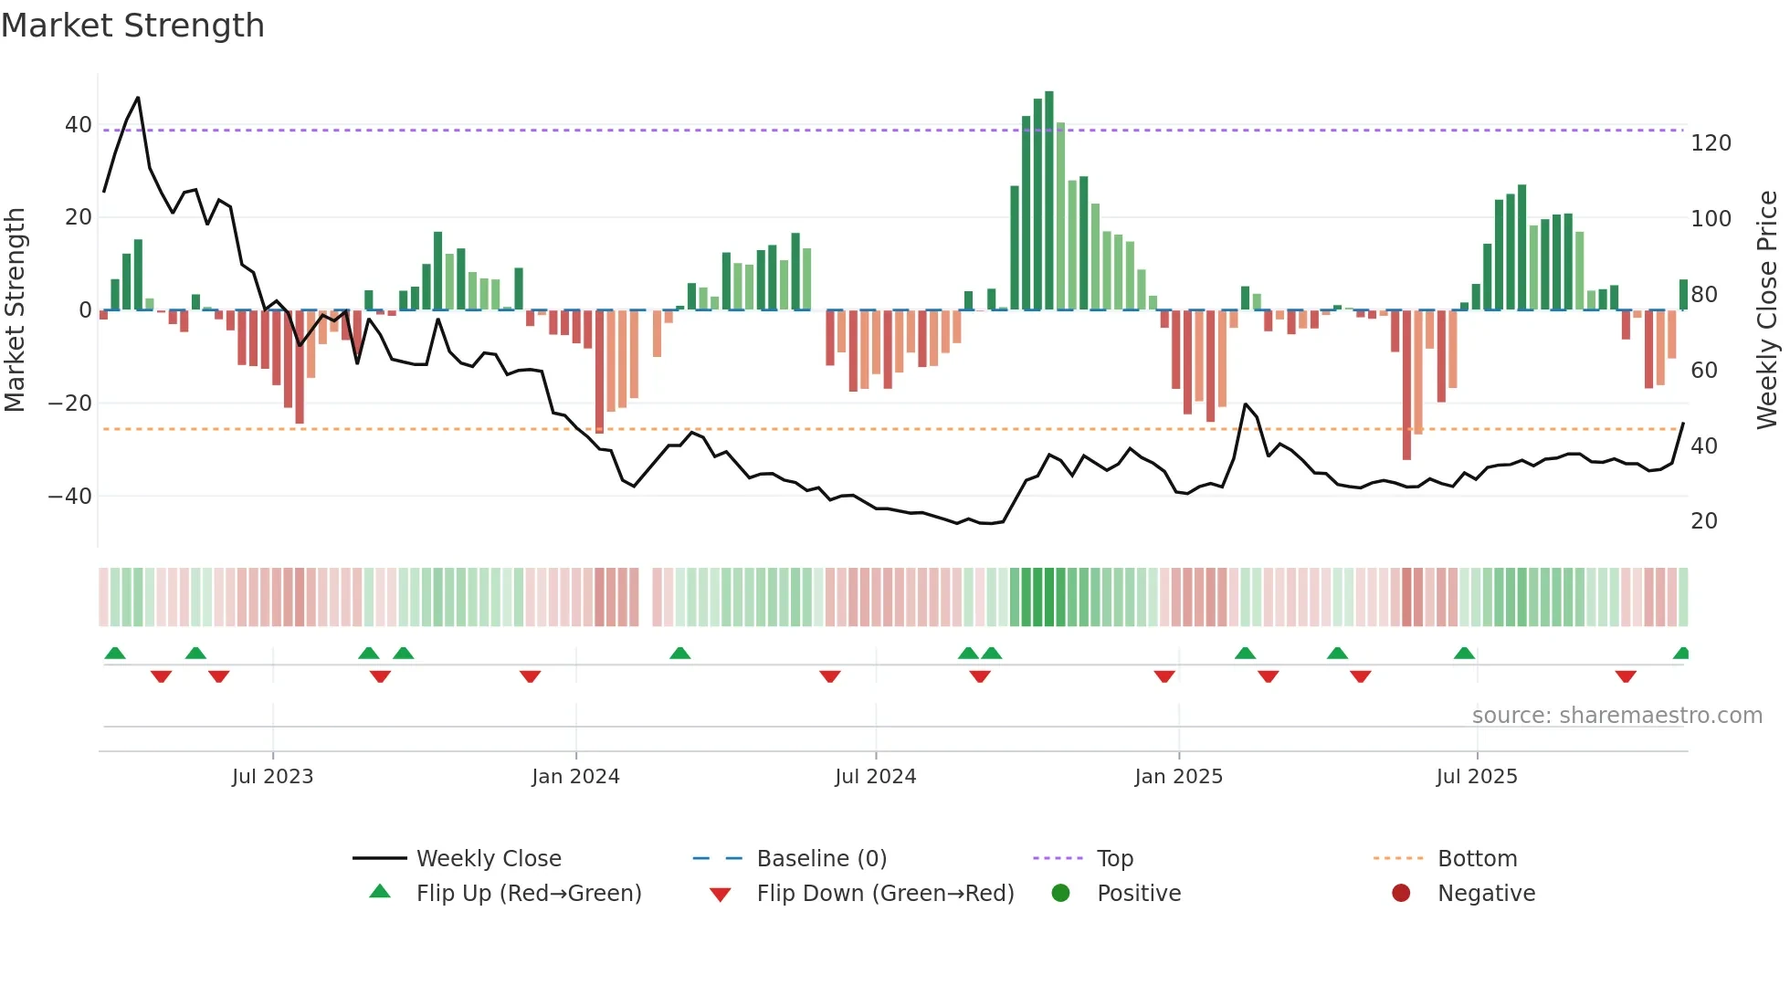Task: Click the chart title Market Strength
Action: coord(132,26)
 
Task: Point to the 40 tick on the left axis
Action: coord(78,125)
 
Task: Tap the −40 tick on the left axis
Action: coord(69,497)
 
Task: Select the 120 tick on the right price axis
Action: coord(1711,143)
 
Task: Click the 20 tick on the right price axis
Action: coord(1704,521)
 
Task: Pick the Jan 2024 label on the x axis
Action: coord(575,777)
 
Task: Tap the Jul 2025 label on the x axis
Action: coord(1476,777)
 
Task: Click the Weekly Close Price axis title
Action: coord(1767,310)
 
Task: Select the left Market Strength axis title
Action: coord(16,310)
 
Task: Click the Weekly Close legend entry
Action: coord(488,859)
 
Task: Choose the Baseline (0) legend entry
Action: coord(821,859)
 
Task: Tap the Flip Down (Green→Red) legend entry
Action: coord(884,894)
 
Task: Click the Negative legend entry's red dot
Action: coord(1401,894)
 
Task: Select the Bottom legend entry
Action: coord(1476,859)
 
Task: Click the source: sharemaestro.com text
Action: coord(1616,716)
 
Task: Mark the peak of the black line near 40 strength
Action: coord(138,98)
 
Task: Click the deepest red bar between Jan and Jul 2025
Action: coord(1406,383)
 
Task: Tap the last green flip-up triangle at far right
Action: coord(1681,654)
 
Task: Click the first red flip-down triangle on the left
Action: coord(162,676)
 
